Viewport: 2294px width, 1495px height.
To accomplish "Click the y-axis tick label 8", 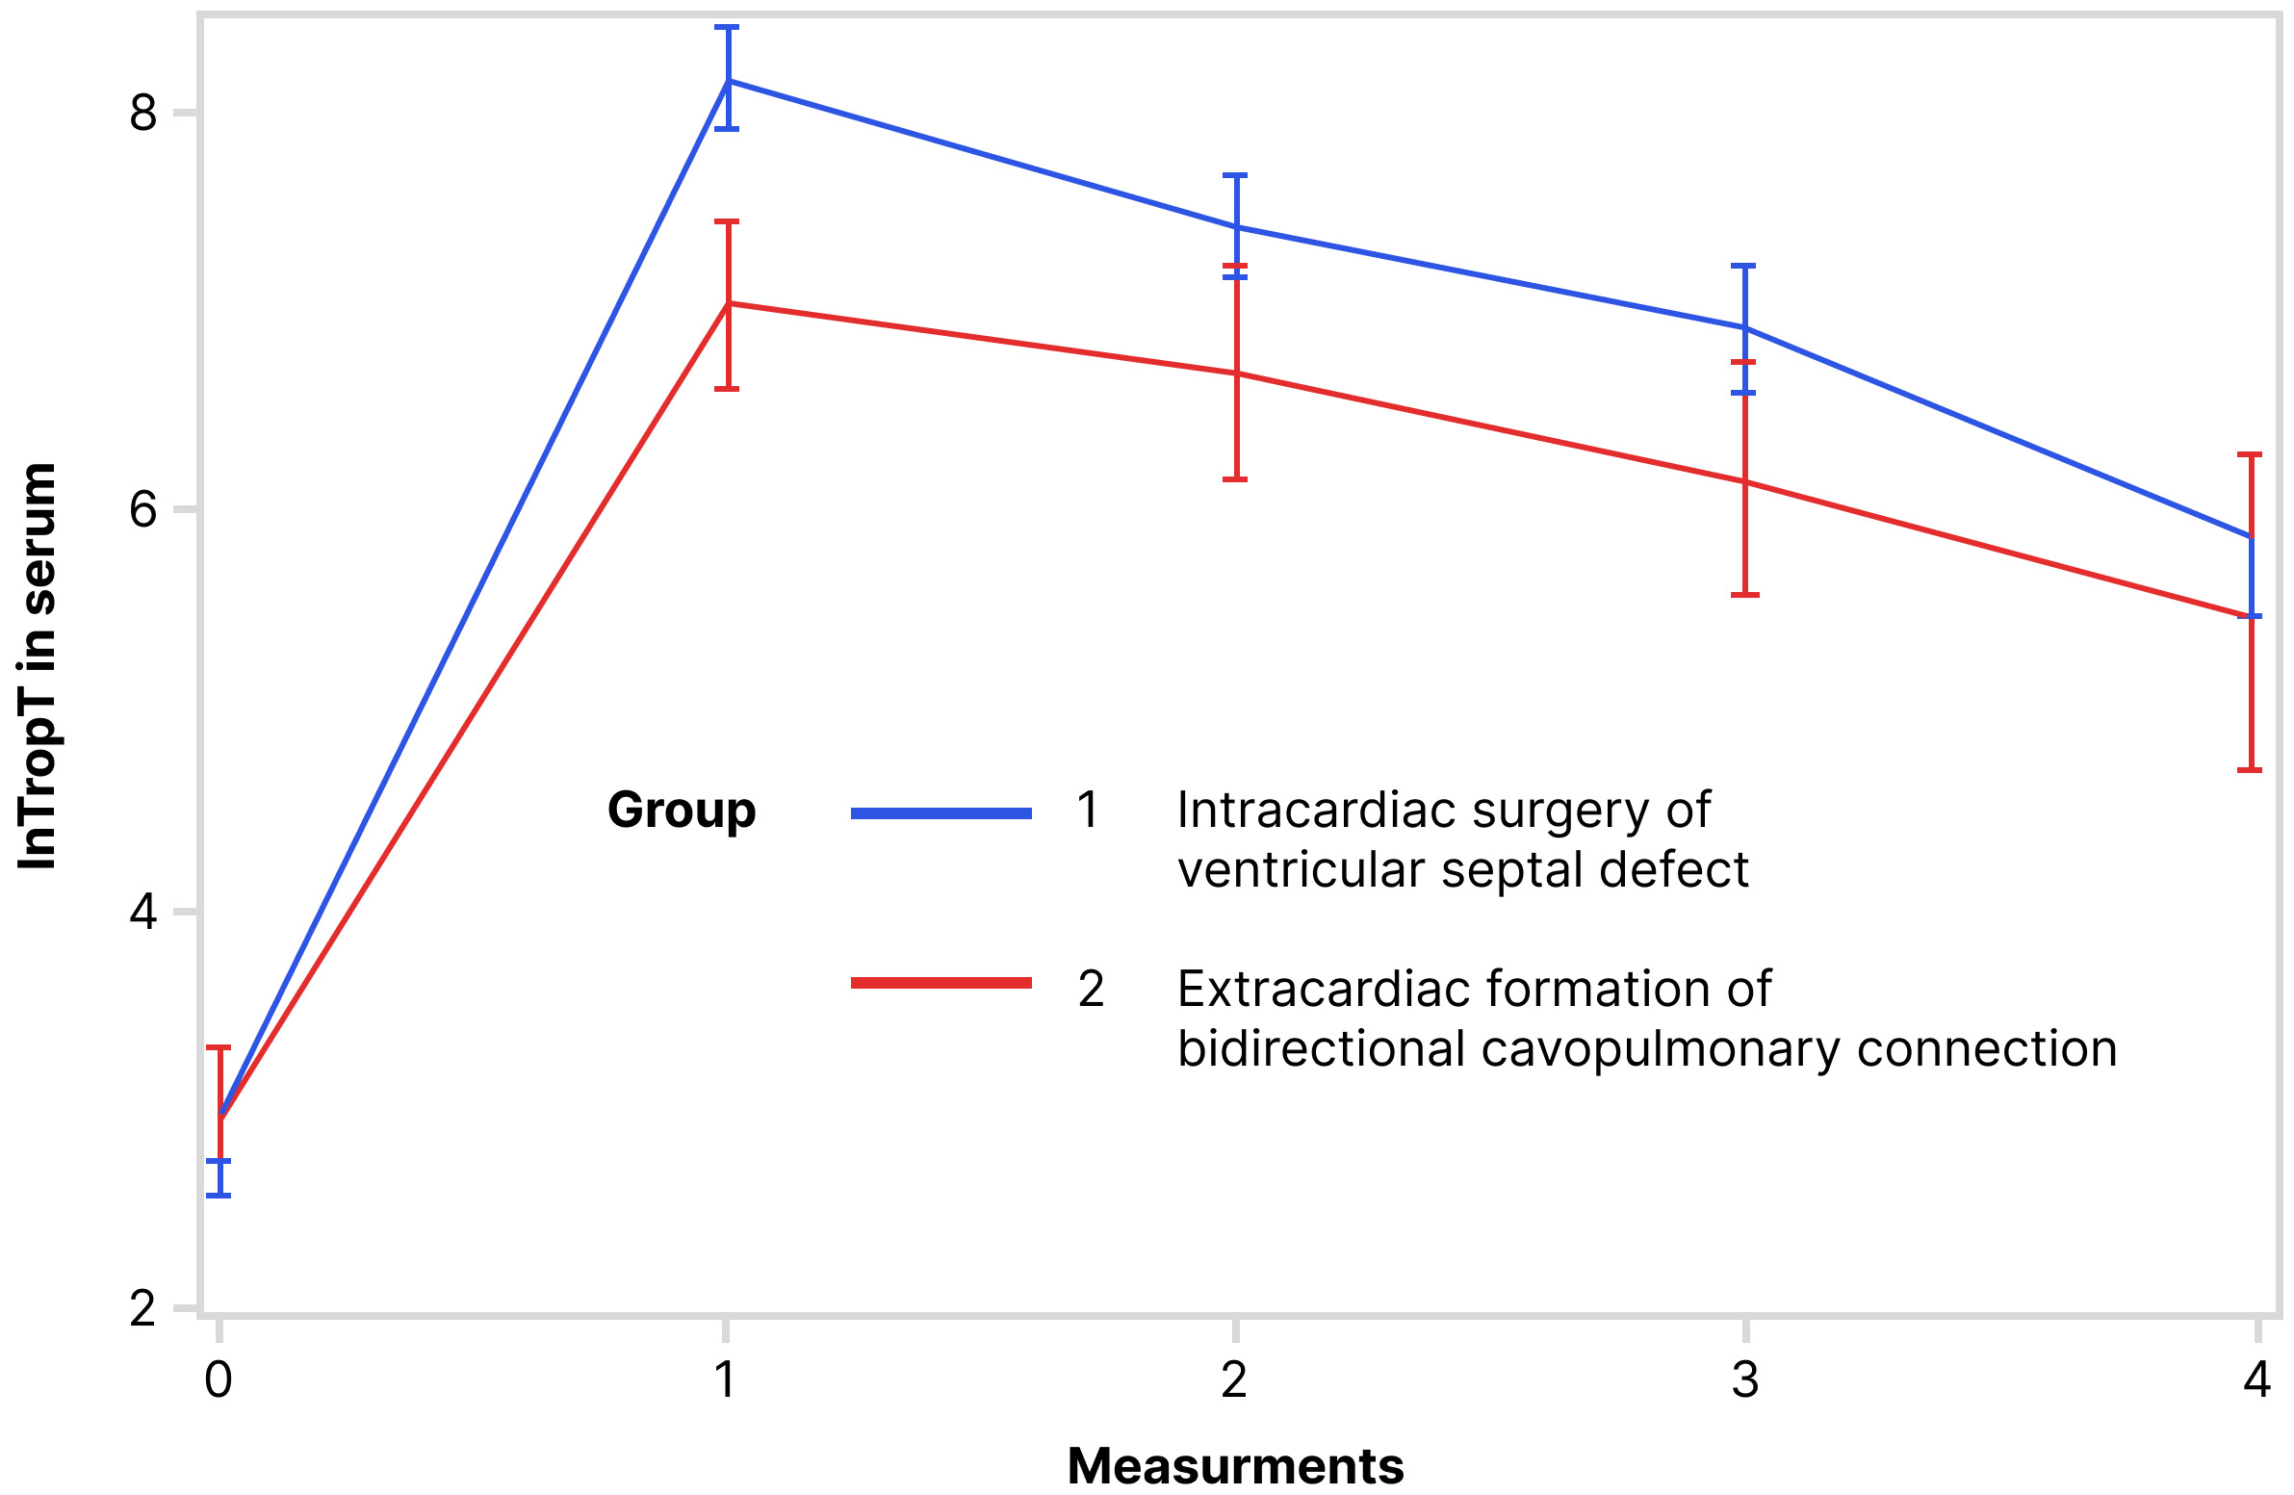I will (142, 114).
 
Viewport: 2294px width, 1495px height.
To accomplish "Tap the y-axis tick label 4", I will (142, 912).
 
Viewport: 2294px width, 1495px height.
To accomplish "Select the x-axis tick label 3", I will (1745, 1380).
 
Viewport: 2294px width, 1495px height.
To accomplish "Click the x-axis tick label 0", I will (219, 1380).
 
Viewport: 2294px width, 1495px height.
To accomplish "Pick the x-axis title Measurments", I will (1235, 1466).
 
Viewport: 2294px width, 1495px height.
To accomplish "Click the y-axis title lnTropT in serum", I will (39, 665).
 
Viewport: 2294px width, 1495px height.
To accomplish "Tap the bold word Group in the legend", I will (682, 810).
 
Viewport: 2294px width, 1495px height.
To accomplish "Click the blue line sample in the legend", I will (941, 813).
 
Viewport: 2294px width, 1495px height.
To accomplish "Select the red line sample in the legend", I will (941, 983).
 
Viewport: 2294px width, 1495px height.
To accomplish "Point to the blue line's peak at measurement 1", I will (729, 81).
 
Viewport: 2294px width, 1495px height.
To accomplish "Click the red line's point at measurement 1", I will (729, 303).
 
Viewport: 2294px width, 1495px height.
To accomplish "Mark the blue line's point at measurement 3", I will (1745, 328).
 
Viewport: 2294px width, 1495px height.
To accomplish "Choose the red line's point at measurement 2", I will (1236, 373).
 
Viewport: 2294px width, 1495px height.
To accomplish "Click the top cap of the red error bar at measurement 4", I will (2250, 454).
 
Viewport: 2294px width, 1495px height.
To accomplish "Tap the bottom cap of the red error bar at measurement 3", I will (1745, 595).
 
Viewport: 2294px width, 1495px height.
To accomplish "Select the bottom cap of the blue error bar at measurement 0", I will (219, 1196).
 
